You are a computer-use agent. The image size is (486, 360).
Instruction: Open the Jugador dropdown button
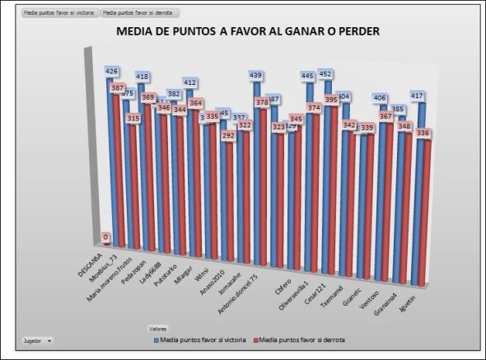(x=37, y=339)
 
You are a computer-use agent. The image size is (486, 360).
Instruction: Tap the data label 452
(x=326, y=74)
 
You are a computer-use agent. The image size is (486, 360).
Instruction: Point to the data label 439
(x=255, y=76)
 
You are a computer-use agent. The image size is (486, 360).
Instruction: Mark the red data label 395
(x=331, y=100)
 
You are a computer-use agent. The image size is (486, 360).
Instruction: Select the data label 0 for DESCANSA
(x=106, y=237)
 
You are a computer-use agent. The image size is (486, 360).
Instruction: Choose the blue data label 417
(x=418, y=96)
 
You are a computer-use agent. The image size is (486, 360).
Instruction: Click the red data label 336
(x=424, y=133)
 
